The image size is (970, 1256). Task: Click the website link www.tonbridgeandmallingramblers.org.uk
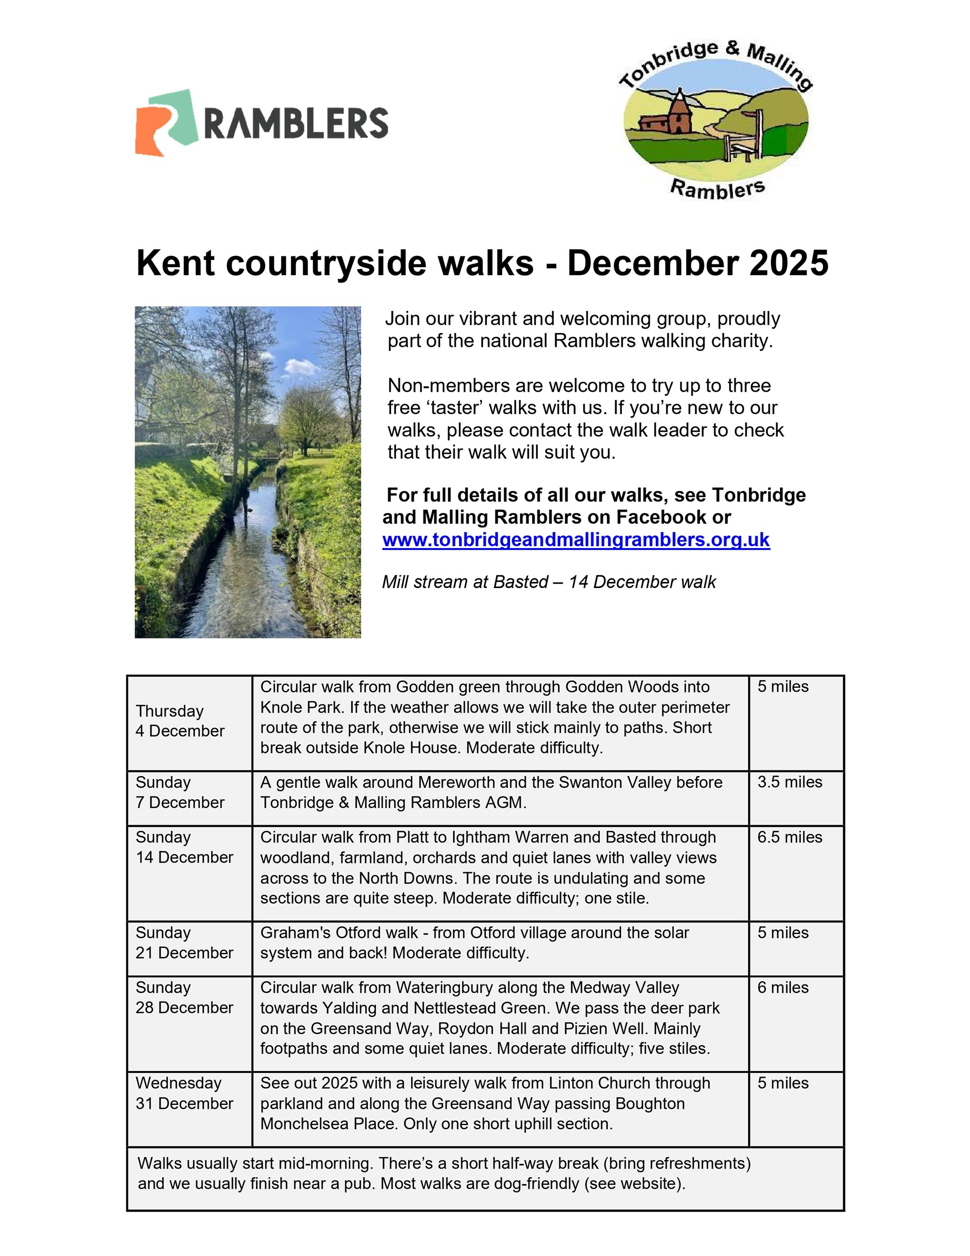click(x=576, y=540)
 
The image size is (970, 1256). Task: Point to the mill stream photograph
click(x=248, y=472)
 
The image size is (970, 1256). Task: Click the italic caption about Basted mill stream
click(x=549, y=582)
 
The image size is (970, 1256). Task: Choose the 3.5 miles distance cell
click(x=790, y=782)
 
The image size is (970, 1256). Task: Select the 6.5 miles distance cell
click(x=790, y=837)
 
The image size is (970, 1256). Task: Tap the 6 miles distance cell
click(x=783, y=988)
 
